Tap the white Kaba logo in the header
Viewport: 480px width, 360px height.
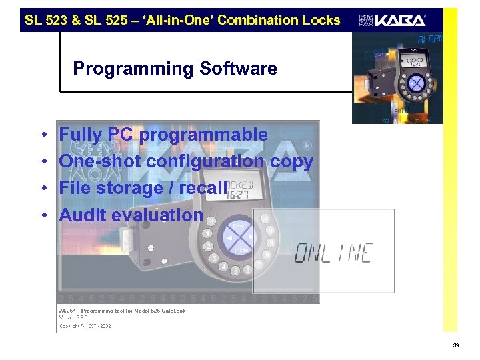393,20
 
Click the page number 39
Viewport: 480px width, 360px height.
455,345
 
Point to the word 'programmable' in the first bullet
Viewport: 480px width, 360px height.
203,135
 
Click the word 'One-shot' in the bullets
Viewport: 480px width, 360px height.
100,161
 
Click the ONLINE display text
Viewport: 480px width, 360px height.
334,253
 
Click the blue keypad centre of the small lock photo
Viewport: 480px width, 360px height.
416,83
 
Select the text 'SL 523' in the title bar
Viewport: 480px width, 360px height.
43,20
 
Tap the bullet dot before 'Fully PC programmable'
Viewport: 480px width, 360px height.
43,135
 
